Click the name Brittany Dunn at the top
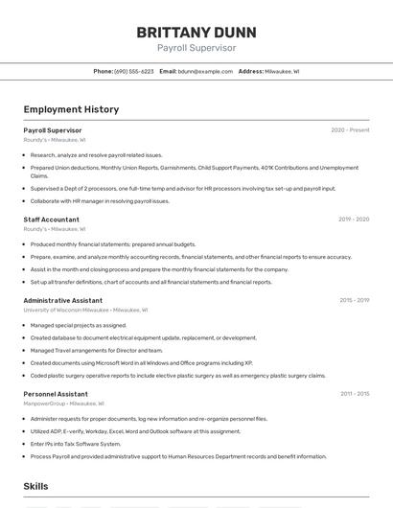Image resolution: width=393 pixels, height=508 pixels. pos(196,32)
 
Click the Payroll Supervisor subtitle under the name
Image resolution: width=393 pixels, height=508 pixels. pos(196,48)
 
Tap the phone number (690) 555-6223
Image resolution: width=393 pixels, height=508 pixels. pos(133,72)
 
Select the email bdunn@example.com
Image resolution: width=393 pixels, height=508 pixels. pos(205,72)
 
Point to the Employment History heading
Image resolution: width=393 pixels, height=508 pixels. pos(71,109)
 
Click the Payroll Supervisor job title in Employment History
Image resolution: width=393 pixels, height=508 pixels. pos(53,130)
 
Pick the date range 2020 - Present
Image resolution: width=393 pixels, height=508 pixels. pos(350,130)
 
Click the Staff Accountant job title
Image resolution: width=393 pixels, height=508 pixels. pos(51,219)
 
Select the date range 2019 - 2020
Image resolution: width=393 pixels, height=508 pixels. pos(354,219)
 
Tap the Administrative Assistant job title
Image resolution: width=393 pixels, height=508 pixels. pos(62,300)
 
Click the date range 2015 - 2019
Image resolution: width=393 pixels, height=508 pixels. pos(354,300)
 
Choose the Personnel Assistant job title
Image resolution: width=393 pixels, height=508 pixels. pos(56,394)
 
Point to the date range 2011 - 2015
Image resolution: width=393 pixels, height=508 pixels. pos(355,394)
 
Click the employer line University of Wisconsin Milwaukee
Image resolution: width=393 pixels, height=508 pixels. pos(67,310)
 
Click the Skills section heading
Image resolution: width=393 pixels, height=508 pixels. pos(36,487)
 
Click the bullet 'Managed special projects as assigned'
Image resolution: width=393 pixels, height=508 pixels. pos(79,325)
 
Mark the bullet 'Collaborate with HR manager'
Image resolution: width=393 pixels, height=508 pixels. pos(100,201)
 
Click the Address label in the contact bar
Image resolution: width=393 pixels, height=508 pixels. pos(250,72)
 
